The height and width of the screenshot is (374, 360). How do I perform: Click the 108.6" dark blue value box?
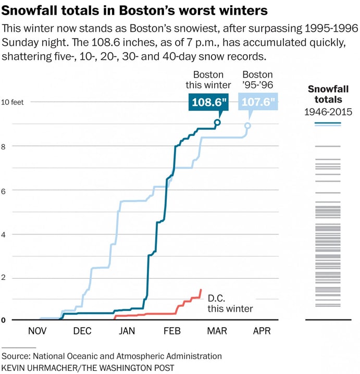(209, 102)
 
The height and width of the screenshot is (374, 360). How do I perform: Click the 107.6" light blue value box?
(258, 102)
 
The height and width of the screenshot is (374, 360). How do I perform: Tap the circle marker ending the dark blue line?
(217, 122)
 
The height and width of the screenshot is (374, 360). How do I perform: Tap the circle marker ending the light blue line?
(247, 126)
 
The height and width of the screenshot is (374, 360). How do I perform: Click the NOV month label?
(37, 331)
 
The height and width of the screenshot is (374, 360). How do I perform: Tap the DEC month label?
(82, 331)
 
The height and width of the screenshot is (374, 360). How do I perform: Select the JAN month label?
(127, 331)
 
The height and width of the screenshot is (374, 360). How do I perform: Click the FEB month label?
(172, 331)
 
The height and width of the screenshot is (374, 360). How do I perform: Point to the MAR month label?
(217, 331)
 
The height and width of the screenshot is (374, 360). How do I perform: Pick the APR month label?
(262, 331)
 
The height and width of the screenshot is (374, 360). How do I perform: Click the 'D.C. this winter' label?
(230, 303)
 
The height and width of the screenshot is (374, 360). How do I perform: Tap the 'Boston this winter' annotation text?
(208, 80)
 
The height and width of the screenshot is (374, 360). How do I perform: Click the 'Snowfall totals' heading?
(328, 94)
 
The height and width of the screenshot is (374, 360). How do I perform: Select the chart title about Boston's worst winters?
(135, 10)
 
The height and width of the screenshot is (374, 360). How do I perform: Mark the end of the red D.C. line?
(201, 290)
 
